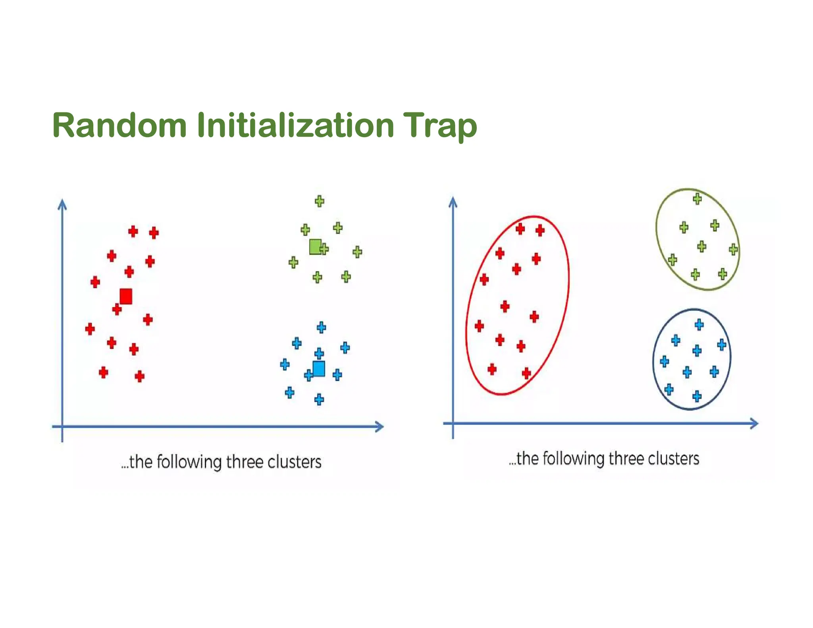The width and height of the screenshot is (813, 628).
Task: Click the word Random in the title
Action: (119, 125)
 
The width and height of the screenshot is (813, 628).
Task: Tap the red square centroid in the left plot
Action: (126, 297)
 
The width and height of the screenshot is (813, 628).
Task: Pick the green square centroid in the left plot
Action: (315, 247)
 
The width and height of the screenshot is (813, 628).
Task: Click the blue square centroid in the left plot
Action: (319, 368)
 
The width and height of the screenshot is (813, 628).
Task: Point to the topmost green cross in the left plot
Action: (319, 201)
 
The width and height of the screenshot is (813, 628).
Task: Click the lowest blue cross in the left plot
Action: (319, 399)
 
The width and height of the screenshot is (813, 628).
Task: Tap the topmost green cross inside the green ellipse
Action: (697, 198)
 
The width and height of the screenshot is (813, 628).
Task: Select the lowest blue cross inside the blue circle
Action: (697, 396)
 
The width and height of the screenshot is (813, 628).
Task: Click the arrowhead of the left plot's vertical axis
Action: (62, 204)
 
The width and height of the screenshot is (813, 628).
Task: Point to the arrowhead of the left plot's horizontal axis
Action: (379, 427)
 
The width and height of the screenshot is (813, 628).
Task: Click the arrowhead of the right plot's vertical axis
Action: (453, 202)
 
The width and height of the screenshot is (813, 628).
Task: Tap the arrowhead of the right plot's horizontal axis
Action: (754, 424)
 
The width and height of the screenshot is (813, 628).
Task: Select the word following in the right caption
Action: (574, 459)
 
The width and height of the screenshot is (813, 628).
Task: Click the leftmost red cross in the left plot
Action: (90, 329)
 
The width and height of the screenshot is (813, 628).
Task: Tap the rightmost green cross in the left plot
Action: (357, 252)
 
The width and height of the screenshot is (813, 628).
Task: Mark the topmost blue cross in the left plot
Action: (322, 327)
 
